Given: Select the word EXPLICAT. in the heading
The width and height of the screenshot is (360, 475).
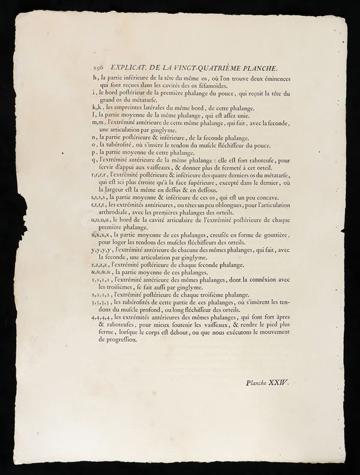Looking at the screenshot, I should pyautogui.click(x=130, y=69).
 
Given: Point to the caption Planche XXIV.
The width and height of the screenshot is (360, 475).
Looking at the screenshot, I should pyautogui.click(x=267, y=381).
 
